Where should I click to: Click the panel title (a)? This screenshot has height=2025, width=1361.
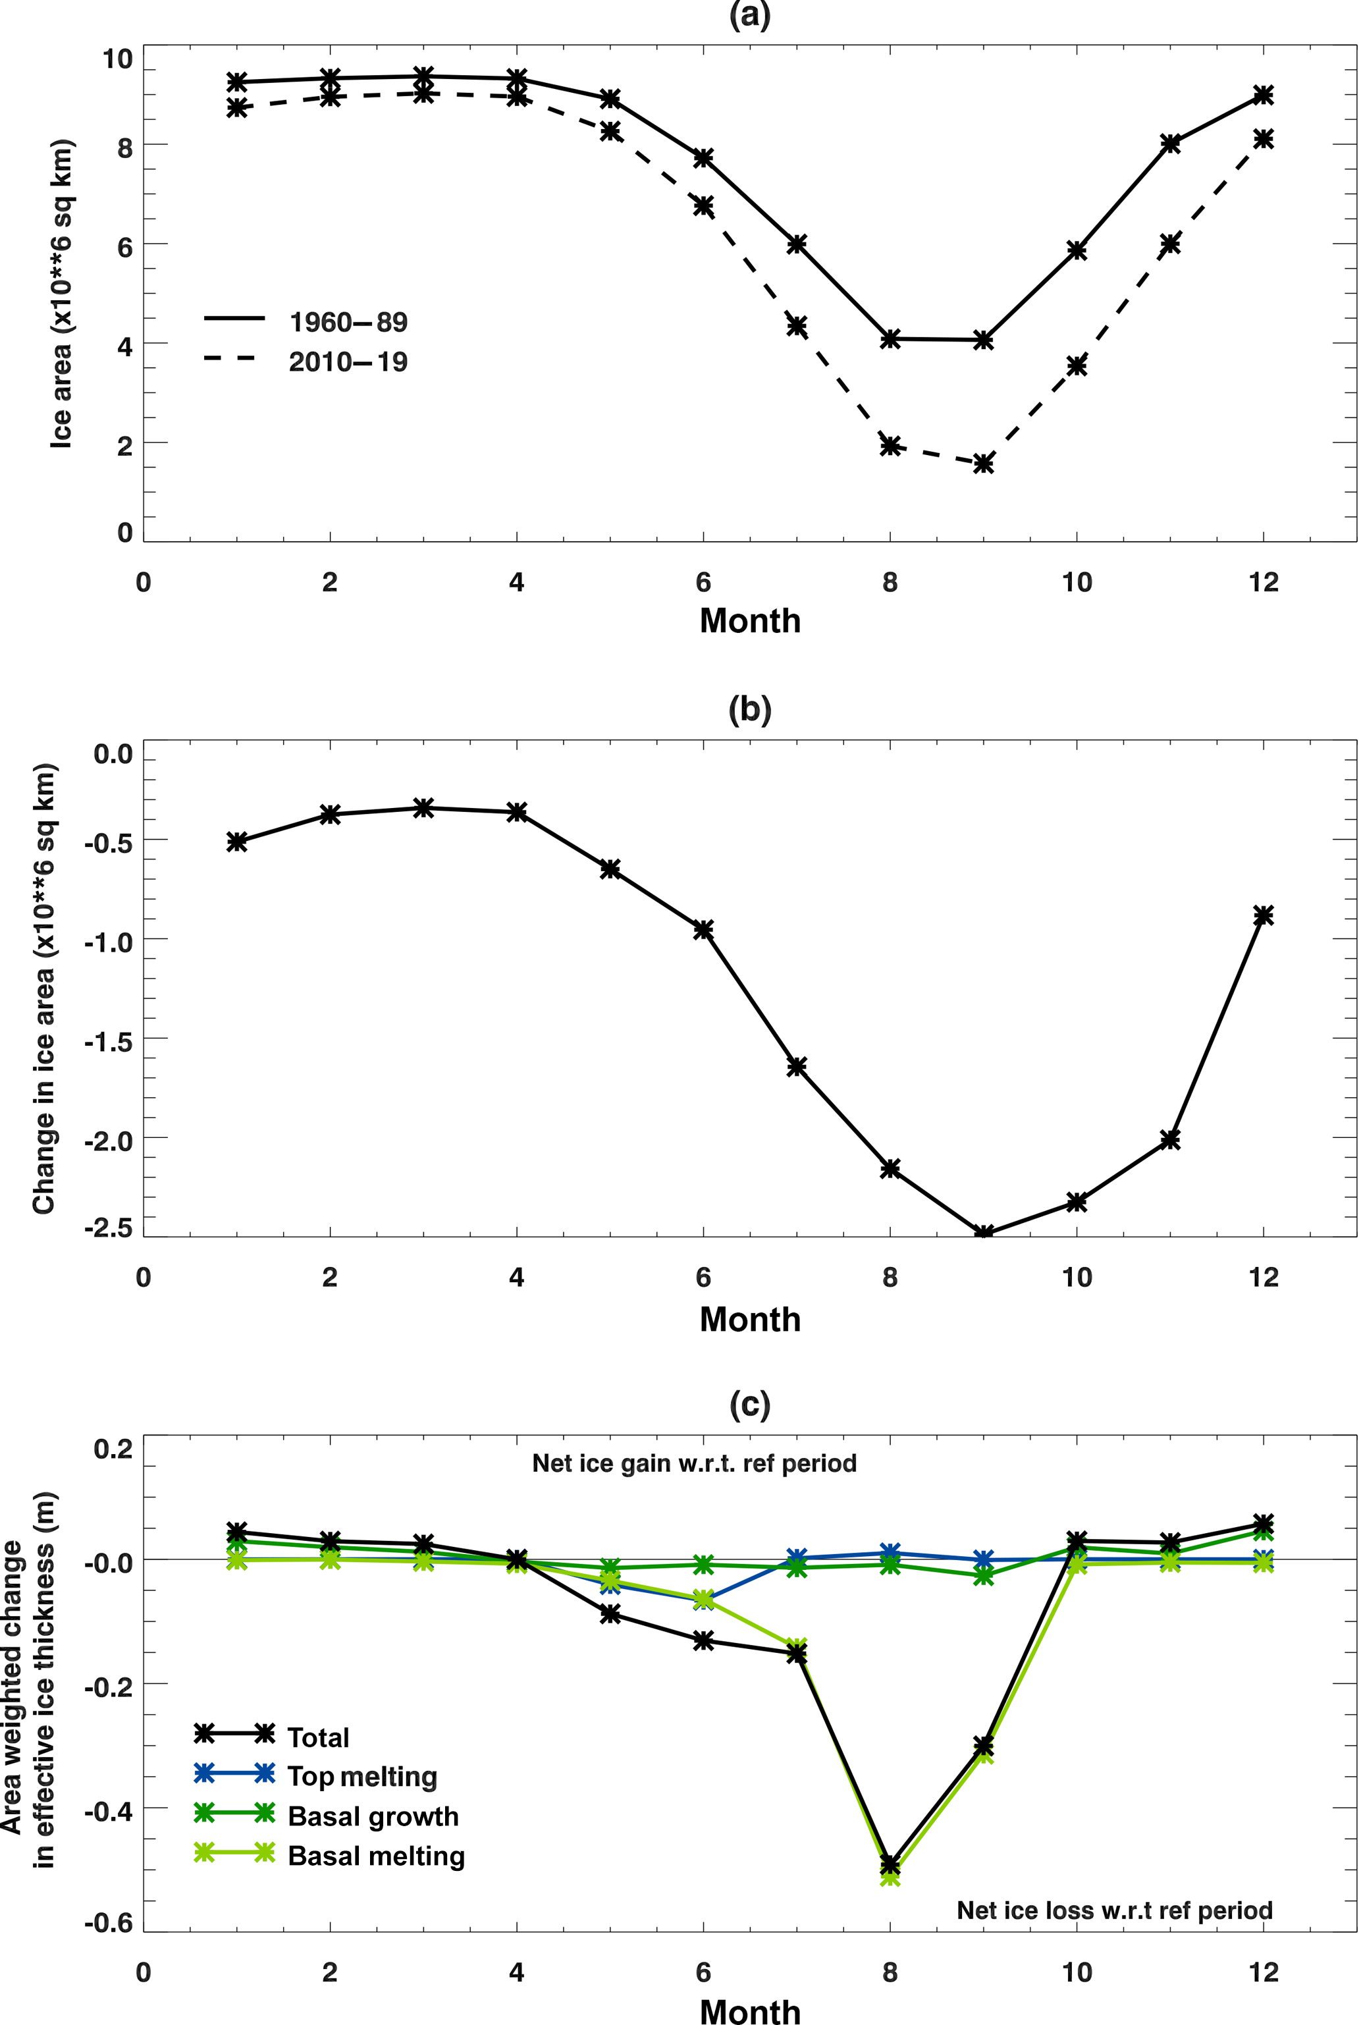pyautogui.click(x=750, y=16)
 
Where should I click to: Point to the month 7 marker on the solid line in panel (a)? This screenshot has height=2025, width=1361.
pyautogui.click(x=797, y=244)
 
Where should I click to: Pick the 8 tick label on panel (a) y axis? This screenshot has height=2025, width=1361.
pyautogui.click(x=124, y=148)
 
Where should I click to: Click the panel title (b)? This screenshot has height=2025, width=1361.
pyautogui.click(x=750, y=710)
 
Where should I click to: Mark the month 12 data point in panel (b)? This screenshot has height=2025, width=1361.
pyautogui.click(x=1264, y=915)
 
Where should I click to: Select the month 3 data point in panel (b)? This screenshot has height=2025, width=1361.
pyautogui.click(x=423, y=808)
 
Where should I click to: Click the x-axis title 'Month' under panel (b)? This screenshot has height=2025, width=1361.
pyautogui.click(x=750, y=1319)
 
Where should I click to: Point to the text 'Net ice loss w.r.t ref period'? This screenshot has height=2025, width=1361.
pyautogui.click(x=1115, y=1911)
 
